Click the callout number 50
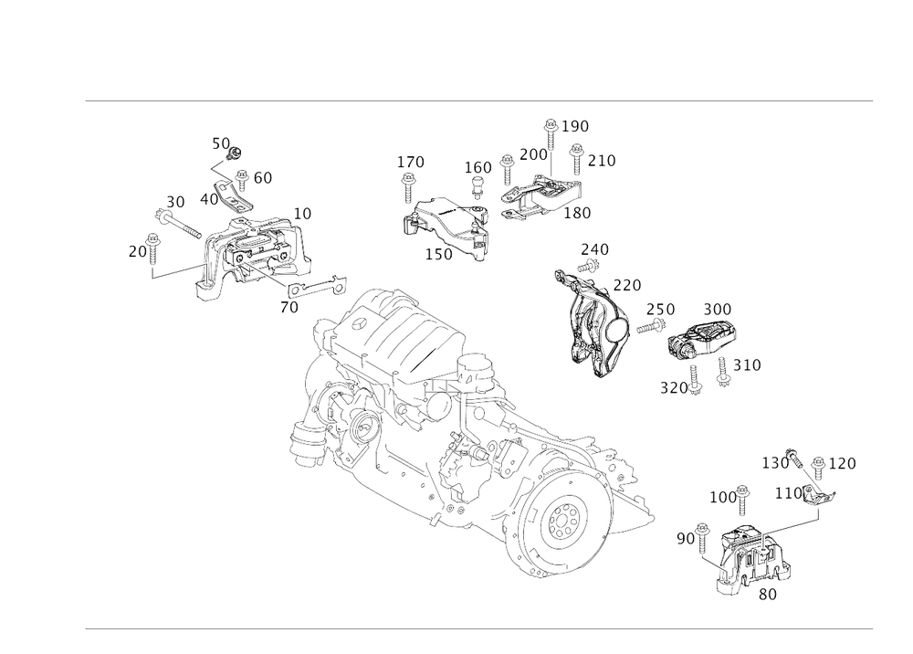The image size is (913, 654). [220, 142]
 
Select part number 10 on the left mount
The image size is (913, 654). [303, 212]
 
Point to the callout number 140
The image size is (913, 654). [411, 163]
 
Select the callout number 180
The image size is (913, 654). [578, 212]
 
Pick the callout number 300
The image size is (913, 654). [718, 310]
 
